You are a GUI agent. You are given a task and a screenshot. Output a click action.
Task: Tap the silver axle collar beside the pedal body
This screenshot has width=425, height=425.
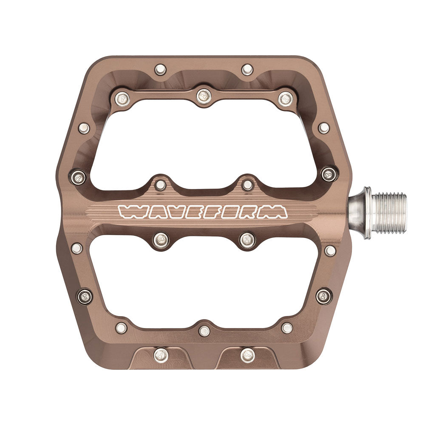coord(360,212)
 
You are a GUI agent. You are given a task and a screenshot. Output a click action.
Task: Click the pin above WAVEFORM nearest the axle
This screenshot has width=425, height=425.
coord(247,185)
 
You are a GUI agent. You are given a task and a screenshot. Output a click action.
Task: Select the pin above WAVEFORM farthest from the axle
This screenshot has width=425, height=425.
coord(160,185)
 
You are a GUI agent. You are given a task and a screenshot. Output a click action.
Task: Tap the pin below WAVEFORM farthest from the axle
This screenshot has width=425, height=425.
coord(161,240)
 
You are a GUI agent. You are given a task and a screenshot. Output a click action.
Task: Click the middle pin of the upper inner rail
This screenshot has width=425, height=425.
coord(204,96)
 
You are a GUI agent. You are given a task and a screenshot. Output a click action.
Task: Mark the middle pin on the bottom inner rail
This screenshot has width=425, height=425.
coord(204,331)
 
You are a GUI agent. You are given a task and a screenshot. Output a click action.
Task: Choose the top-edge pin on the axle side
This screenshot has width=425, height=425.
coord(247,69)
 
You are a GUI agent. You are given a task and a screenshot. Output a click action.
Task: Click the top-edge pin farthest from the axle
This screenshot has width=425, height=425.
coord(160,69)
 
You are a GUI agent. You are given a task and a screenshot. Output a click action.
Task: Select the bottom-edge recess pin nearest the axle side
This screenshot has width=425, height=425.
coord(247,355)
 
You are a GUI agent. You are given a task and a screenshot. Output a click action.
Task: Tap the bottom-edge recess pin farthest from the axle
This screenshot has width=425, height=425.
coord(161,354)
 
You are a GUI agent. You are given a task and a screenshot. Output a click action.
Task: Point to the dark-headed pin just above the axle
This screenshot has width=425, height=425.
coord(329,174)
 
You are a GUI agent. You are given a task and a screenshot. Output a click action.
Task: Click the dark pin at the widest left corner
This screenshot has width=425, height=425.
coord(78,176)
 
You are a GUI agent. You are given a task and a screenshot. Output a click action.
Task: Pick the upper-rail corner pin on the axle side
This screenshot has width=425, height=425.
coord(286,99)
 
